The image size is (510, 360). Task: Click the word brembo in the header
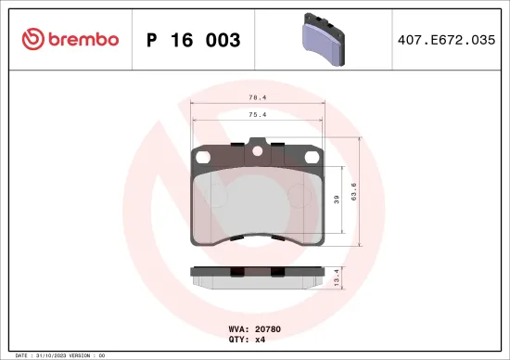point(82,39)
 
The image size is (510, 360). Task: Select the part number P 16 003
point(194,40)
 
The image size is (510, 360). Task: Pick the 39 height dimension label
point(337,199)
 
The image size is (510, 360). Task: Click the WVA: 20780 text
point(253,328)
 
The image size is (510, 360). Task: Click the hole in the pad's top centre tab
point(257,154)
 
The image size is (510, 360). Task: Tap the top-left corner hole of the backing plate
point(198,157)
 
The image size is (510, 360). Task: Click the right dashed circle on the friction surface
point(297,195)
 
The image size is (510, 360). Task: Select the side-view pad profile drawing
point(257,276)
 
